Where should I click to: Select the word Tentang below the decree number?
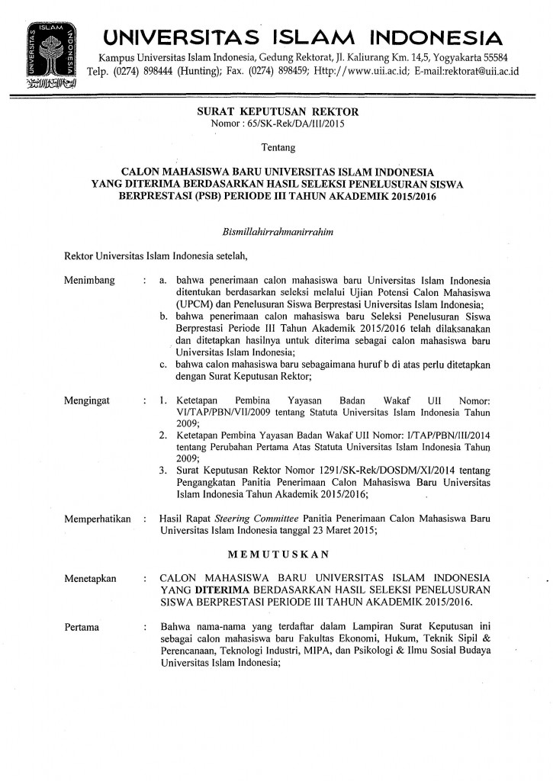(276, 145)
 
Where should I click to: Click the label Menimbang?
(90, 281)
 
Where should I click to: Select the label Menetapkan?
(91, 578)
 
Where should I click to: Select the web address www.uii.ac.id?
(365, 71)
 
